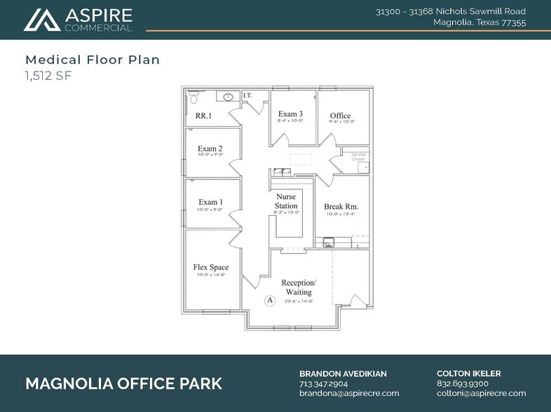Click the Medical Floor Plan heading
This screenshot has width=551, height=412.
(x=93, y=60)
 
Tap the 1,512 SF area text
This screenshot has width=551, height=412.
(x=48, y=75)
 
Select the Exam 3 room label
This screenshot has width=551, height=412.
(x=290, y=114)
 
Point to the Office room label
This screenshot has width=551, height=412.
(x=340, y=116)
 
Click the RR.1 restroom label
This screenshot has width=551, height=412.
(x=204, y=116)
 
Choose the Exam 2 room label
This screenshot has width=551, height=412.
(x=210, y=149)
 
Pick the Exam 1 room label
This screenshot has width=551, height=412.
(x=210, y=202)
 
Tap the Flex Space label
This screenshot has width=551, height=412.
(x=210, y=267)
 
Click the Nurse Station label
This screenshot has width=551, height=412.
(x=285, y=201)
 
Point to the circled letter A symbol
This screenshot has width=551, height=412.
(x=268, y=300)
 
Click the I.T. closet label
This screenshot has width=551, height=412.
(x=247, y=95)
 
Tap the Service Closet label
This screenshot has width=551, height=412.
(x=358, y=156)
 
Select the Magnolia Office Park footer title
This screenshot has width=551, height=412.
(x=123, y=383)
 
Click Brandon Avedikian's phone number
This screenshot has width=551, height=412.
(x=323, y=383)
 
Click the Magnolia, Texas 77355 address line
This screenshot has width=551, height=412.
(x=480, y=22)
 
